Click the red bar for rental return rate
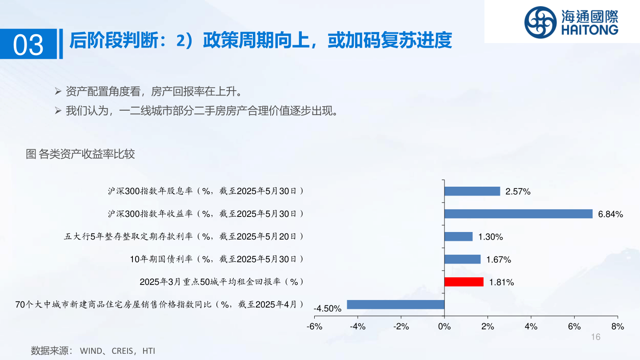pyautogui.click(x=464, y=282)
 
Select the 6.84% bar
pyautogui.click(x=518, y=214)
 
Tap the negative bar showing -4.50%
pyautogui.click(x=396, y=304)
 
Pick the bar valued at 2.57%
pyautogui.click(x=472, y=191)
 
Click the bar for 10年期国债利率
pyautogui.click(x=463, y=259)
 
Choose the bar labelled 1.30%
pyautogui.click(x=459, y=236)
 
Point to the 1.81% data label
pyautogui.click(x=501, y=282)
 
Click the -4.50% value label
pyautogui.click(x=328, y=308)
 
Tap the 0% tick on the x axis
pyautogui.click(x=444, y=327)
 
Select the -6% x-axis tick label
pyautogui.click(x=314, y=327)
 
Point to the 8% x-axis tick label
pyautogui.click(x=617, y=327)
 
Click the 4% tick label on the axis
pyautogui.click(x=531, y=327)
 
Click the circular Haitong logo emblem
pyautogui.click(x=540, y=22)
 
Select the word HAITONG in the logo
pyautogui.click(x=590, y=30)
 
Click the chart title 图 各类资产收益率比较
pyautogui.click(x=80, y=154)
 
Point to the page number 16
pyautogui.click(x=596, y=337)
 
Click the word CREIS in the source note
pyautogui.click(x=122, y=351)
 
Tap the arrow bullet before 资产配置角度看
pyautogui.click(x=58, y=92)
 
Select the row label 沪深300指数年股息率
pyautogui.click(x=150, y=191)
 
